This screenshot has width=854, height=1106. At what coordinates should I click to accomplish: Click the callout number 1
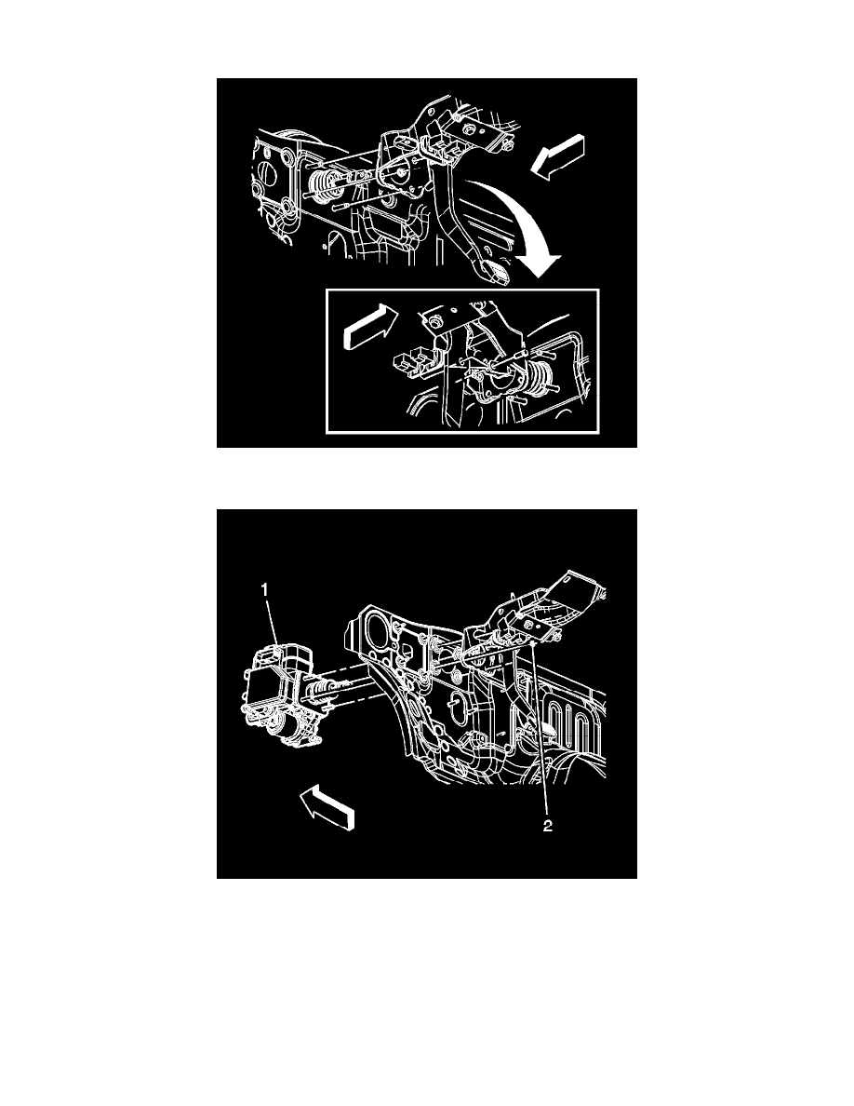point(265,590)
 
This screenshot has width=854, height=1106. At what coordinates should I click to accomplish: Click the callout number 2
point(548,826)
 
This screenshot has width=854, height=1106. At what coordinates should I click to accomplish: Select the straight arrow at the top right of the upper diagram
point(557,156)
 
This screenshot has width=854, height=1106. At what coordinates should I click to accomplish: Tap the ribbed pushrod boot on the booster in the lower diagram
point(321,689)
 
